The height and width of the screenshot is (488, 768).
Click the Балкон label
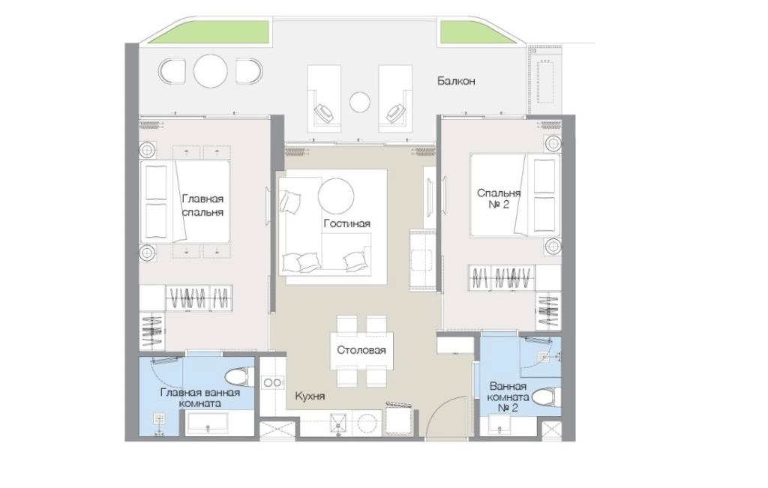(456, 81)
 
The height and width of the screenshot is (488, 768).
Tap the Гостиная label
(346, 223)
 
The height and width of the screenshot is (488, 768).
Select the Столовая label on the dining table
(361, 350)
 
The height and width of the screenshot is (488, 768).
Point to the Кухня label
(310, 396)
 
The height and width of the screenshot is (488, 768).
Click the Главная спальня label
(202, 205)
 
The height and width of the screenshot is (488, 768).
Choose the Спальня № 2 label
(499, 199)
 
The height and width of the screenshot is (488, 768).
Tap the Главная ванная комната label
(199, 398)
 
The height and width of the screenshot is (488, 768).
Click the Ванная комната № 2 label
(508, 397)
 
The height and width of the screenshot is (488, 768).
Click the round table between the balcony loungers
(360, 102)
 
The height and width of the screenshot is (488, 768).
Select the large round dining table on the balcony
(211, 71)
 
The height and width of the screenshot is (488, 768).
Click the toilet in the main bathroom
(240, 377)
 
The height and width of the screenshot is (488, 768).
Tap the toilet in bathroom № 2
(546, 397)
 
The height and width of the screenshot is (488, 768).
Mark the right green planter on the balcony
(472, 32)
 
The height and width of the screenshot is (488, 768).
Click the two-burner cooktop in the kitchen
(272, 382)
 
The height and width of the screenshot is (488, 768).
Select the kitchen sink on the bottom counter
(338, 424)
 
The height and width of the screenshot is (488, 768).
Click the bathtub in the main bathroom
(208, 424)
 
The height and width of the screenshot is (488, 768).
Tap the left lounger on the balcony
(324, 98)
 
